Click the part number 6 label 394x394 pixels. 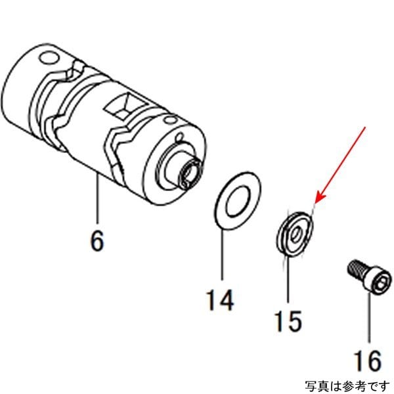[x=97, y=241]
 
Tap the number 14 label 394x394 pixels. [x=219, y=301]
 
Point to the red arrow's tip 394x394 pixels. [x=316, y=202]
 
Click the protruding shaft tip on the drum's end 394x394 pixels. [x=189, y=171]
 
